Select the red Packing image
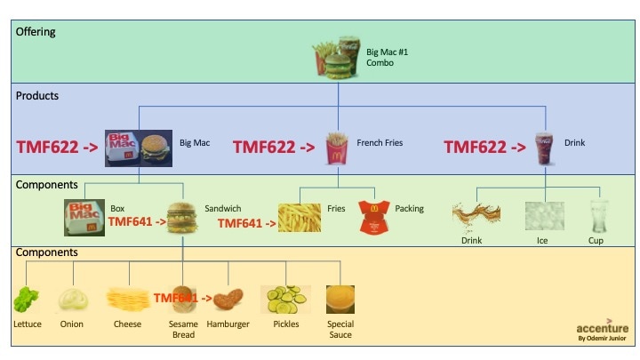(373, 218)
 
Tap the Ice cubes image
(542, 217)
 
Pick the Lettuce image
(26, 300)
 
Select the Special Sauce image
(340, 300)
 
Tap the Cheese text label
(127, 324)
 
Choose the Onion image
(72, 300)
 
